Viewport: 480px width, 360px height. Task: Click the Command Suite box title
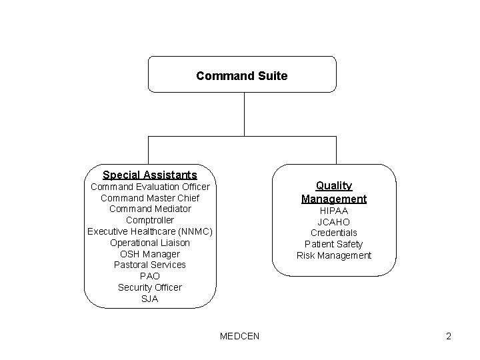point(241,76)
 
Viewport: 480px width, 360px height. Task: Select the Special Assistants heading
point(150,175)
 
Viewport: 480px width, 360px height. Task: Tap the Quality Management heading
point(334,192)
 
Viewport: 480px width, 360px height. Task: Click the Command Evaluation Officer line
point(150,187)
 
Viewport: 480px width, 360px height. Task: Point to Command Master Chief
point(150,198)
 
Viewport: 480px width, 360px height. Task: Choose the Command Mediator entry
point(150,209)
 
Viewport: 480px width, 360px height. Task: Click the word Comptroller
point(150,220)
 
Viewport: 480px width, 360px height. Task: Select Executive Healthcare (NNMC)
point(150,231)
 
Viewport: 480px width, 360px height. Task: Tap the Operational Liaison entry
point(150,243)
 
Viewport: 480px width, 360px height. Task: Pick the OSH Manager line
point(150,254)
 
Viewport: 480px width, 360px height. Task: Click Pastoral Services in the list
point(150,265)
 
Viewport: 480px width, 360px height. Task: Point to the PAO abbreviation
point(150,276)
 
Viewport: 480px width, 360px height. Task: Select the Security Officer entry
point(150,287)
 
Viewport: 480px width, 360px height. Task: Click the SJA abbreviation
point(150,299)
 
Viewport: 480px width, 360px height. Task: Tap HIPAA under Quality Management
point(333,211)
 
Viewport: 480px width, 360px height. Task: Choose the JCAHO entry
point(333,222)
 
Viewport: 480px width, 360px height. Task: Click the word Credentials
point(333,233)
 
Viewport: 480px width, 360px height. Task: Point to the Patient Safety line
point(333,244)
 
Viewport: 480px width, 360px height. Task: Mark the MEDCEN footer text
point(239,336)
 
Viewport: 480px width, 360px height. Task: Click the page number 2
point(449,336)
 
